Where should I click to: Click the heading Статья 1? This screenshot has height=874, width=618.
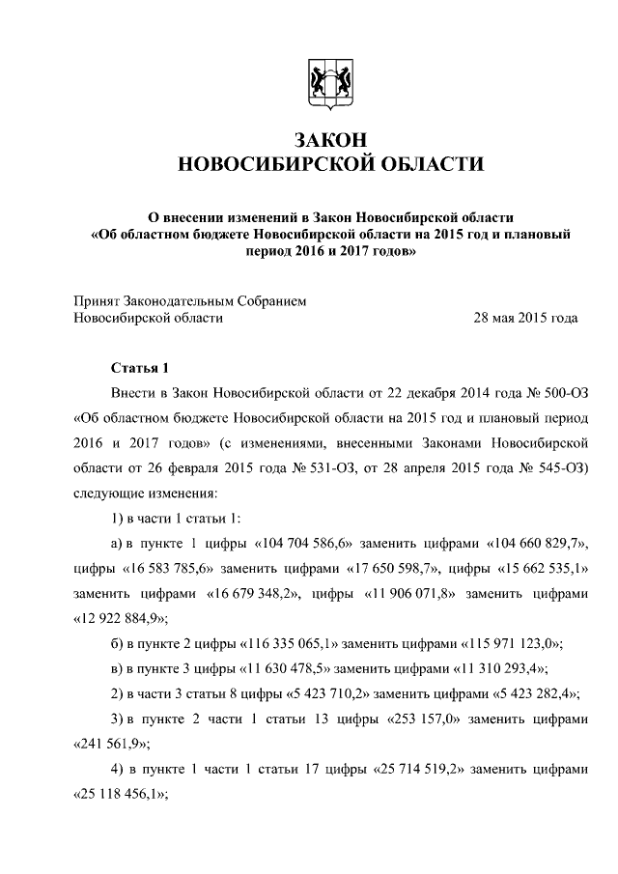click(x=140, y=369)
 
